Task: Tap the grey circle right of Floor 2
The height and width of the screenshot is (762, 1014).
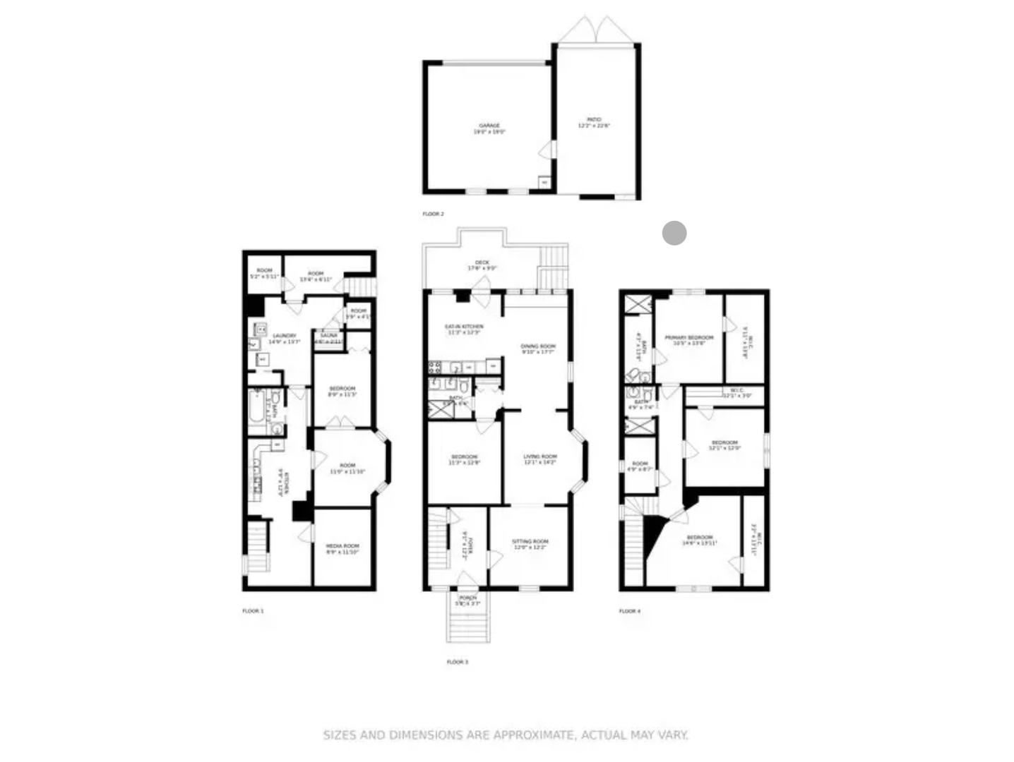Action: (x=674, y=233)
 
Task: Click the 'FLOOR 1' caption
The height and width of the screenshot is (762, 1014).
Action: (x=253, y=611)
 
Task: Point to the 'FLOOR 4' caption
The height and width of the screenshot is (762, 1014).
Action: (x=630, y=611)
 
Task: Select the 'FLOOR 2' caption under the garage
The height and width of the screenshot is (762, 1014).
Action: (x=433, y=214)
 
